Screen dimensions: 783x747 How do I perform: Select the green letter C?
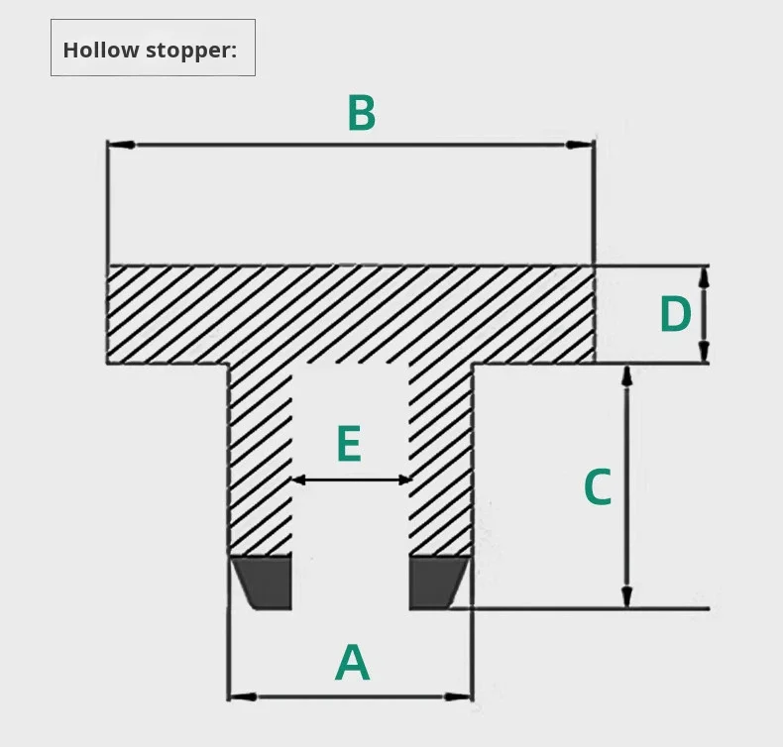point(598,487)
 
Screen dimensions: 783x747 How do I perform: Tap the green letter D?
point(675,316)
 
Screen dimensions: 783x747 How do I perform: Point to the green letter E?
point(348,445)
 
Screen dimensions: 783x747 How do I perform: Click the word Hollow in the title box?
point(101,50)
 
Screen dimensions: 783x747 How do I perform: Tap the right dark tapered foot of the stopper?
point(436,582)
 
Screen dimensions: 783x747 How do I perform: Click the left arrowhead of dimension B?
point(120,146)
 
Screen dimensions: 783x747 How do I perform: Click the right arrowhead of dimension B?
point(580,146)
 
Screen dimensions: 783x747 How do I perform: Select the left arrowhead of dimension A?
point(241,696)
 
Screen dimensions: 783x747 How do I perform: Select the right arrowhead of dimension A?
point(460,696)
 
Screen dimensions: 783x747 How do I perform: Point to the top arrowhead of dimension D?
point(704,276)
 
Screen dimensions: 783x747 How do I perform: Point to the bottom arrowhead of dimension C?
point(626,595)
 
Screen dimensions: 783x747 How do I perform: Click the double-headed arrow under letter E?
point(351,480)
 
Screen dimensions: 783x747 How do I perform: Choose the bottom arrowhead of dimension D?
point(704,352)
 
